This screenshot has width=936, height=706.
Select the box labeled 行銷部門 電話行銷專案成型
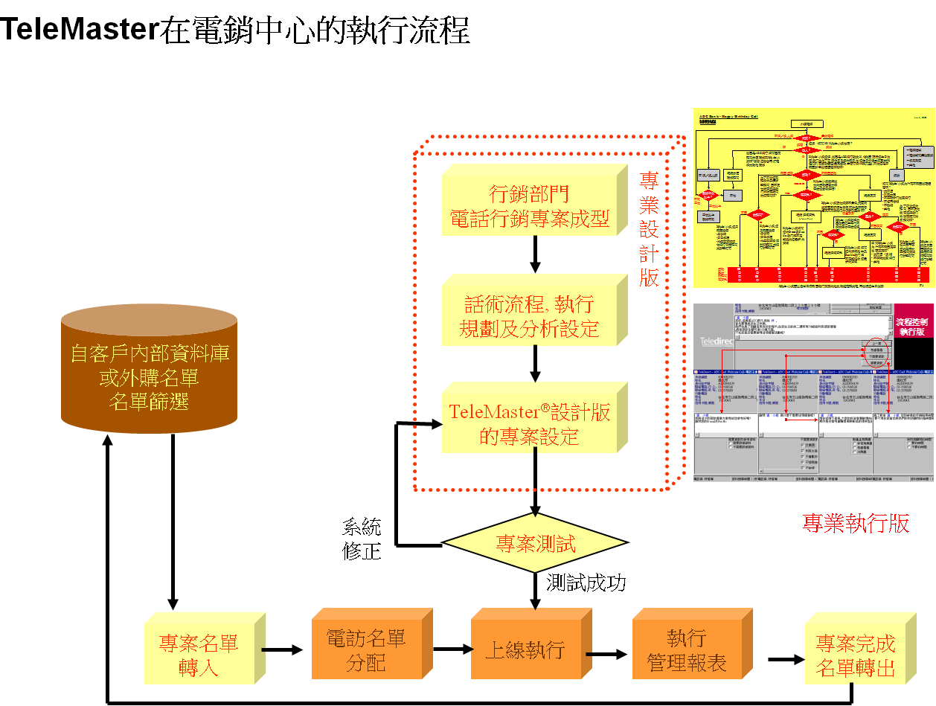pos(529,206)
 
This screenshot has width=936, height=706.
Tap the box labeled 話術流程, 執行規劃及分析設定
pos(529,317)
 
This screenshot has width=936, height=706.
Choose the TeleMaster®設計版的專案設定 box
pos(529,424)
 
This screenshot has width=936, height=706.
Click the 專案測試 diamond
pos(535,544)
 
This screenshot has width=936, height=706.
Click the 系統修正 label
pos(362,540)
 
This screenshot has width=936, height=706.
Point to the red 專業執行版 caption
pos(856,524)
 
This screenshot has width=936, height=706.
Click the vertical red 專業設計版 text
pos(649,231)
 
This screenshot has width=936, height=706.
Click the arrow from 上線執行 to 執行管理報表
pos(607,655)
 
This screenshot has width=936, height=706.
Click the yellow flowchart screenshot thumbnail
pos(813,199)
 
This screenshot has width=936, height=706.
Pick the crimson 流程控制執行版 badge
pos(914,328)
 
